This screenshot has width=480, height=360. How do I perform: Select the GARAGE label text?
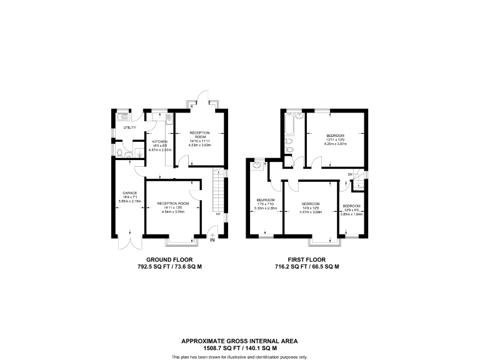tap(130, 193)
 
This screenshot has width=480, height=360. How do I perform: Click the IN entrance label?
tap(212, 240)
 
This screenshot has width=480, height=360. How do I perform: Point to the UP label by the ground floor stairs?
tap(217, 214)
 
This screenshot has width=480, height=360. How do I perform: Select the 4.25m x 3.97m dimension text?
tap(334, 143)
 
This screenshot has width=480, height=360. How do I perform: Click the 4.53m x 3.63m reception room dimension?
tap(201, 145)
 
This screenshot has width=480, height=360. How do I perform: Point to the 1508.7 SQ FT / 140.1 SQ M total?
tap(239, 347)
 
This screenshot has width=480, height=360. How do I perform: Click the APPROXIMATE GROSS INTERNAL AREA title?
tap(239, 341)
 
